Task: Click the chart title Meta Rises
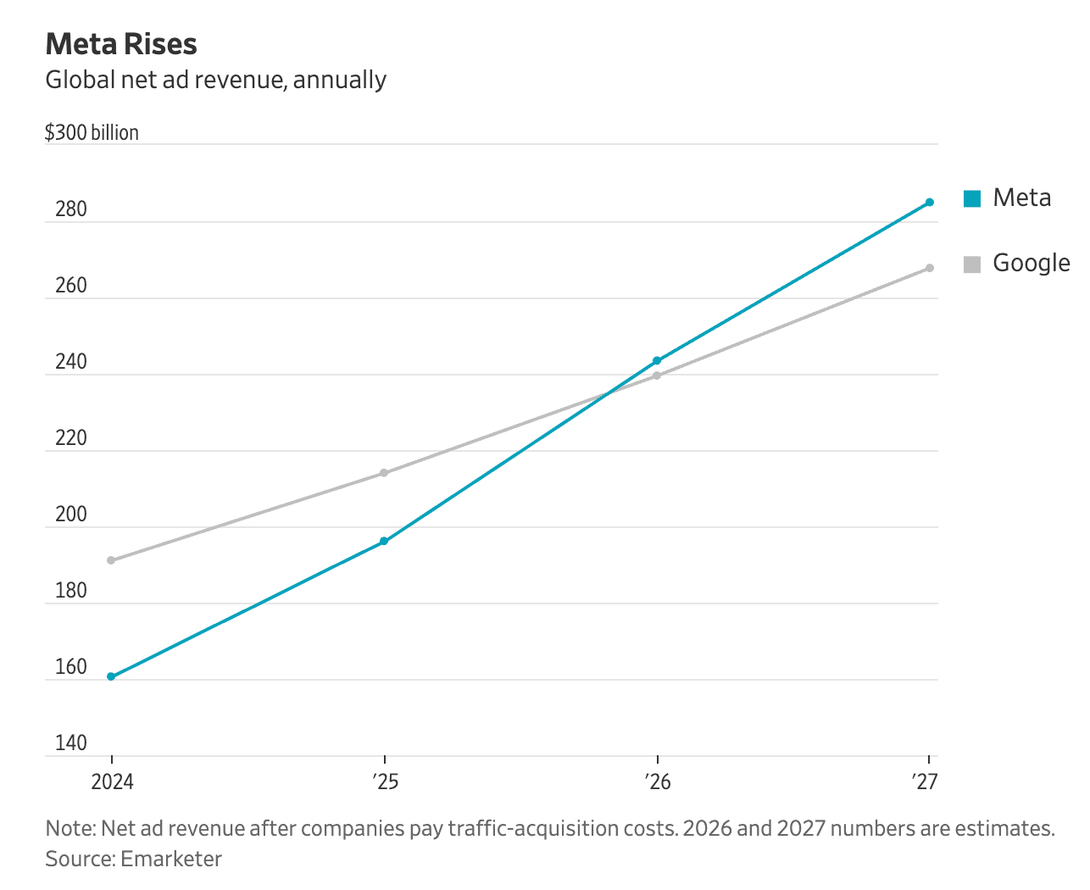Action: click(x=121, y=44)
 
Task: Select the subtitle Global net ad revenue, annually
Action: click(x=215, y=80)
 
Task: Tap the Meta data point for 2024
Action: click(x=111, y=676)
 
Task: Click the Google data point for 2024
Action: click(x=111, y=560)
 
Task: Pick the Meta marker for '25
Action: click(x=384, y=541)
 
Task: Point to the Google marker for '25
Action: click(x=384, y=473)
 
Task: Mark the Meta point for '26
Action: click(x=657, y=361)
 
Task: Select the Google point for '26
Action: click(x=657, y=375)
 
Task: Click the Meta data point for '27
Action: click(x=930, y=203)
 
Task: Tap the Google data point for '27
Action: click(x=930, y=268)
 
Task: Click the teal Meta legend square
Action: click(x=972, y=199)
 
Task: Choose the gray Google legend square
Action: click(x=972, y=264)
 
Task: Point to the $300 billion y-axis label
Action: click(x=92, y=133)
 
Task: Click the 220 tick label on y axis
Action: click(x=71, y=438)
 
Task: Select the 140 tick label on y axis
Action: click(x=71, y=743)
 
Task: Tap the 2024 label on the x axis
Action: click(x=112, y=782)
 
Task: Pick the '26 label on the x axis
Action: click(x=658, y=782)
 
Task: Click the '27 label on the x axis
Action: click(x=926, y=782)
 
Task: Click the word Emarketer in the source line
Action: click(x=171, y=859)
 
